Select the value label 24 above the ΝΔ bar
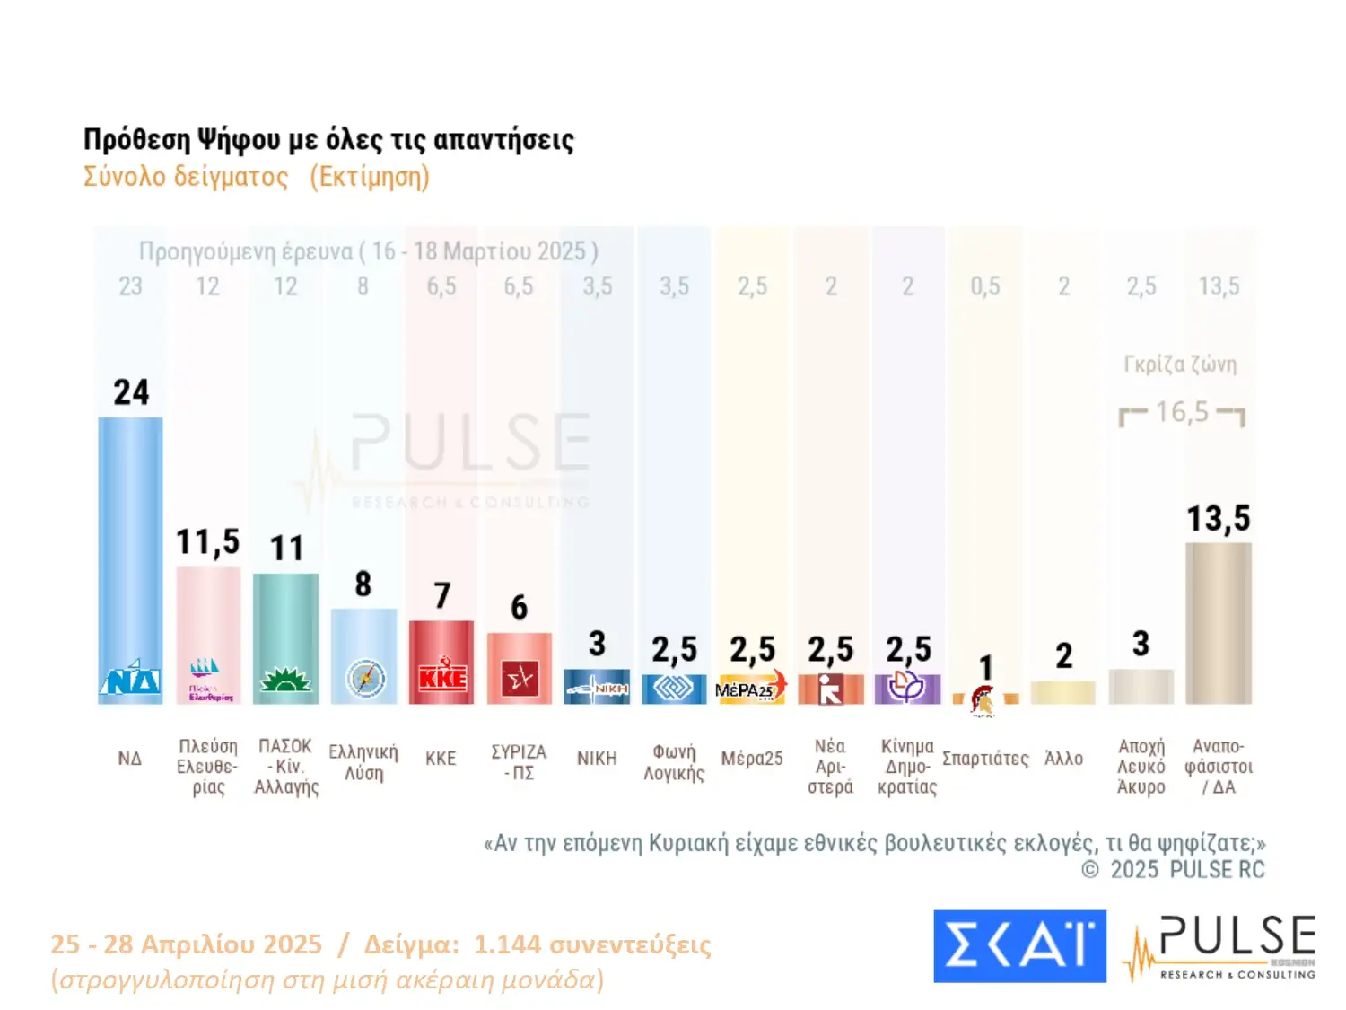click(x=131, y=392)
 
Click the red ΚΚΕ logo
click(x=441, y=678)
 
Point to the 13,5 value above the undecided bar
click(x=1218, y=519)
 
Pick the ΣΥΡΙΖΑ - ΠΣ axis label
click(x=519, y=761)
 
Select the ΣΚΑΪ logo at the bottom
click(x=1019, y=946)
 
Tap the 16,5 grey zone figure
click(x=1182, y=412)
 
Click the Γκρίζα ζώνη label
click(x=1180, y=364)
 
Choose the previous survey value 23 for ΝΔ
click(x=130, y=286)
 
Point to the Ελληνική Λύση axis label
click(x=363, y=761)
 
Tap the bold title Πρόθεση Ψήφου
click(x=328, y=140)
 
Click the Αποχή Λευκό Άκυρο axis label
click(x=1141, y=766)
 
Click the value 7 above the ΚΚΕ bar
click(x=441, y=596)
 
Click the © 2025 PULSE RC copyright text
click(x=1173, y=870)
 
